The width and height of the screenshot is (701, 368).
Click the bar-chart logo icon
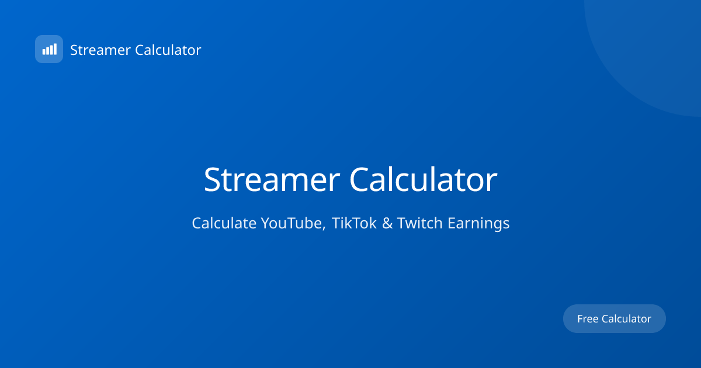49,49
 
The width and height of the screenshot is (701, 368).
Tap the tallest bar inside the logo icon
55,49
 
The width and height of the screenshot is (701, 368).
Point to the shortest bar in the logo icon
43,52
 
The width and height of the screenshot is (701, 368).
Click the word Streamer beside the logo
100,50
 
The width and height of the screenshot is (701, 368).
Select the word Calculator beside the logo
168,50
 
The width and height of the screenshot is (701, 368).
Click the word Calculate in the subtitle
224,223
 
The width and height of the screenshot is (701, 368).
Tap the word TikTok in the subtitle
354,223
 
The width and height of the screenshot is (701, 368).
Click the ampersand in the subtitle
387,223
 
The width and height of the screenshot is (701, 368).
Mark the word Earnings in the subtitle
478,223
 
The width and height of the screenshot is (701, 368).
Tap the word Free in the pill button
588,319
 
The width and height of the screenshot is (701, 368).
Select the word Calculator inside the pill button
626,319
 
